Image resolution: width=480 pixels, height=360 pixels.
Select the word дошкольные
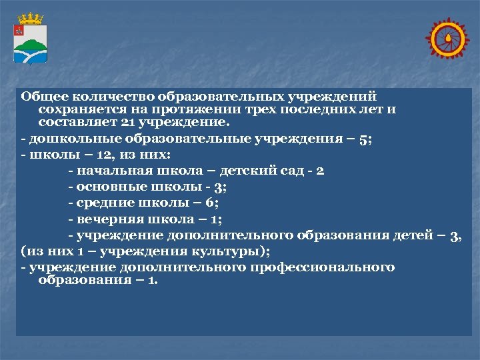point(64,139)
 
